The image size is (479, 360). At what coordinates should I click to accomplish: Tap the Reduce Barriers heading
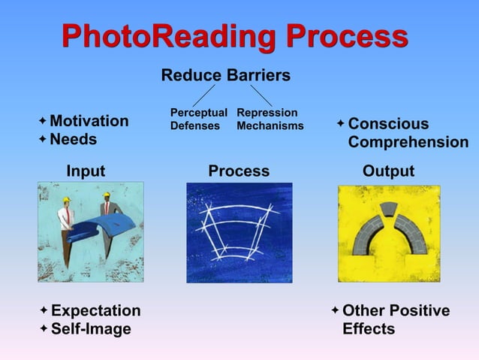pos(225,76)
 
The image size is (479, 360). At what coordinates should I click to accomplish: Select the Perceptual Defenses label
pos(198,119)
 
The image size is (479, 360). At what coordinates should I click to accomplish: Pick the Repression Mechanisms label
pos(270,119)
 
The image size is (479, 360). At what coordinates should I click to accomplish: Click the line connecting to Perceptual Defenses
pos(204,95)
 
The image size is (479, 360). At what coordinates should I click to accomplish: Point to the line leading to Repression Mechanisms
pos(261,95)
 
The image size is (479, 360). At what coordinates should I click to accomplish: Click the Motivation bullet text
pos(89,122)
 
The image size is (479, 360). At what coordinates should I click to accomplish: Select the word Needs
pos(74,140)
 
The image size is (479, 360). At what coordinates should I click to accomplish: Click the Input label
pos(86,171)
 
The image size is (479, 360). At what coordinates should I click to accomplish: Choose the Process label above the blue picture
pos(239,171)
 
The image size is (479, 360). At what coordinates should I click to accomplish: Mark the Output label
pos(388,171)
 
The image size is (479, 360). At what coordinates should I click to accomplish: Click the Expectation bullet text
pos(95,311)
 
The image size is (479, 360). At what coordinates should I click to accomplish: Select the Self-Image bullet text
pos(90,329)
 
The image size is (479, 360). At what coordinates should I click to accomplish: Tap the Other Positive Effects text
pos(396,320)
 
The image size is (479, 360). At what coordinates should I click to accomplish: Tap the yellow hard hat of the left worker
pos(65,200)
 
